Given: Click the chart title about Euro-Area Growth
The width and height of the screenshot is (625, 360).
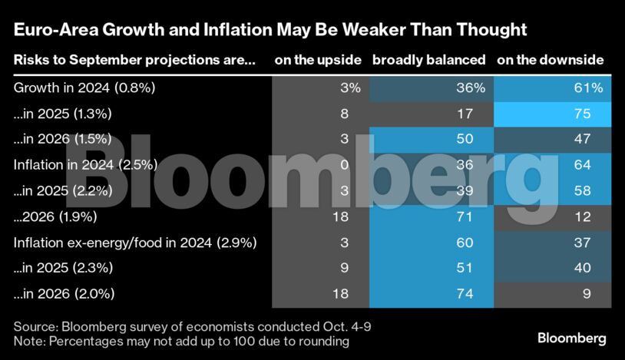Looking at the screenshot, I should [x=270, y=30].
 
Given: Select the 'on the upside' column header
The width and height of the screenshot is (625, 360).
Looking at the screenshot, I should [x=317, y=60].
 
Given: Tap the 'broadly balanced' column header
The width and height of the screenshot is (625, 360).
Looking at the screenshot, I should [x=428, y=60].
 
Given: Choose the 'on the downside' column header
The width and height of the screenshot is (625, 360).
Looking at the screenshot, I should [x=550, y=60].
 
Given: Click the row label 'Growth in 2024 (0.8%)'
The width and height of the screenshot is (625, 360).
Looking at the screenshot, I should [x=84, y=88].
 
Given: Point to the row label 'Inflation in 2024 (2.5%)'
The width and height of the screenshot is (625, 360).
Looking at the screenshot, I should [x=85, y=164].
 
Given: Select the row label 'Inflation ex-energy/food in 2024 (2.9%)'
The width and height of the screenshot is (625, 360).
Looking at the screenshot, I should [x=135, y=243].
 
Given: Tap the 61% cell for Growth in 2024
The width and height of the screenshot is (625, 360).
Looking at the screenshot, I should [x=587, y=88].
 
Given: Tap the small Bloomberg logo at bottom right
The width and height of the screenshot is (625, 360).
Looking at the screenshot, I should [x=571, y=338].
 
